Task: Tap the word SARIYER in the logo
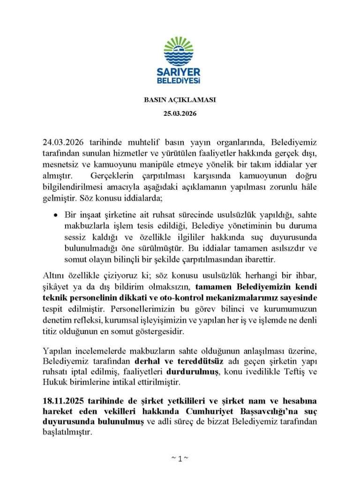tap(180, 73)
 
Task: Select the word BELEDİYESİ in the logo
tap(180, 82)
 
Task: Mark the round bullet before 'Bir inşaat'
tap(56, 216)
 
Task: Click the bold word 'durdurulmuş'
tap(192, 372)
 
